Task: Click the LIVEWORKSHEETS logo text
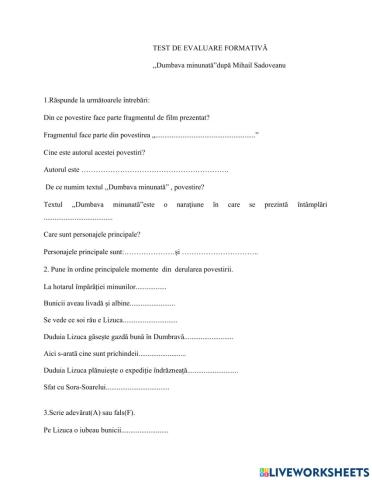313,468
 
